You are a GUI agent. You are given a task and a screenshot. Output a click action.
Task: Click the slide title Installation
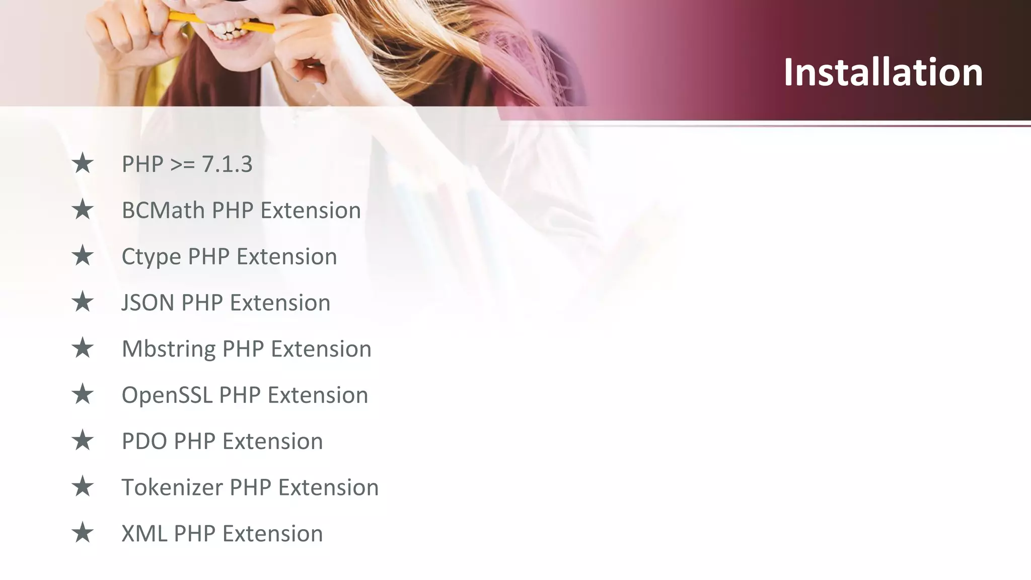click(x=883, y=72)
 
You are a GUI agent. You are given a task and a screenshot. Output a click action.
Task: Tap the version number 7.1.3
click(x=227, y=164)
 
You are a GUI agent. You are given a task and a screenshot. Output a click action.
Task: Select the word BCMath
click(x=163, y=210)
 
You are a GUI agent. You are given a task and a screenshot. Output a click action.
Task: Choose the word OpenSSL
click(x=167, y=395)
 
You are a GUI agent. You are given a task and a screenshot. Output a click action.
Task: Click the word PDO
click(x=144, y=442)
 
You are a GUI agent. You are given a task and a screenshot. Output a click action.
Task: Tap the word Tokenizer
click(x=172, y=487)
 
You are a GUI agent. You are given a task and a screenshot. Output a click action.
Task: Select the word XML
click(x=144, y=534)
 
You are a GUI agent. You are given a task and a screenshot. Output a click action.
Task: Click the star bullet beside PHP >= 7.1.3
click(x=83, y=164)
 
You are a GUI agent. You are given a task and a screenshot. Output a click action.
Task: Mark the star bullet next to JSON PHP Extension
click(x=83, y=302)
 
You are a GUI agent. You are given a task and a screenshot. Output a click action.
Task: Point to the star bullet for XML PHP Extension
click(x=83, y=533)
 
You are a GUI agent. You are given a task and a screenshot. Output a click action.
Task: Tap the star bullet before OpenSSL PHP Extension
click(x=83, y=394)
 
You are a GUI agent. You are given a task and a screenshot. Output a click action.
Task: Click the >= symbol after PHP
click(x=182, y=165)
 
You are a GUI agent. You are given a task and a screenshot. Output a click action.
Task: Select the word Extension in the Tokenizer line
click(x=328, y=487)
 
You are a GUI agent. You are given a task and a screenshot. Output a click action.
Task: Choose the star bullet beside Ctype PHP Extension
click(x=83, y=256)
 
